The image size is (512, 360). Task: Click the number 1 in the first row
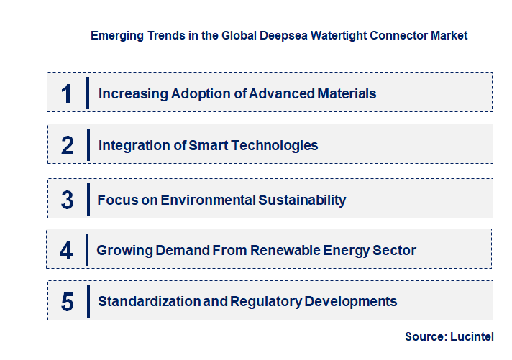click(67, 93)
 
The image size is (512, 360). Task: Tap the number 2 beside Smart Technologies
click(68, 146)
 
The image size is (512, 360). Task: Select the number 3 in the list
click(68, 200)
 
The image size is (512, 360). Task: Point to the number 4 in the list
click(67, 251)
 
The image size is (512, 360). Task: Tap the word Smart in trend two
click(207, 145)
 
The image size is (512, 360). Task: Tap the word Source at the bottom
click(426, 336)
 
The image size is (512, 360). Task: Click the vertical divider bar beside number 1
click(87, 93)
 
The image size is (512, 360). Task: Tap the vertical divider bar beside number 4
click(87, 250)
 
